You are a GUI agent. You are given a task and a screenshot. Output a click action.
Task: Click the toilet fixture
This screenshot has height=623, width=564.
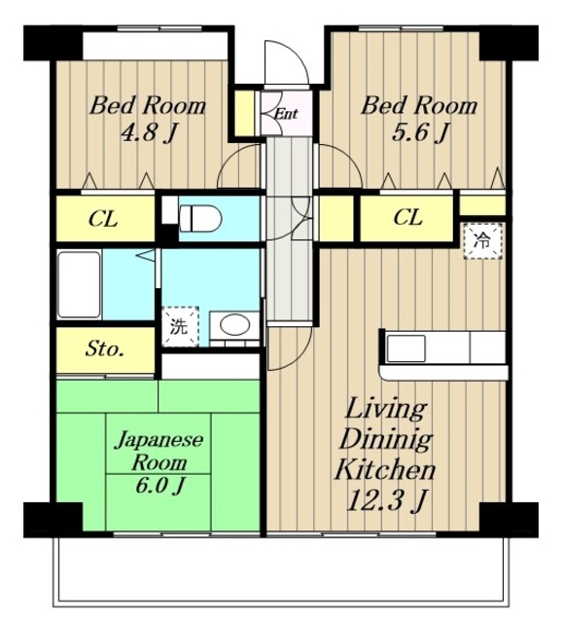(199, 218)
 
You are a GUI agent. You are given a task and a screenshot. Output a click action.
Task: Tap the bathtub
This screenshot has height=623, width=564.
(79, 284)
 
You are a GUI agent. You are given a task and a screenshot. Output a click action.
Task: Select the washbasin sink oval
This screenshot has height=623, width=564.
(235, 324)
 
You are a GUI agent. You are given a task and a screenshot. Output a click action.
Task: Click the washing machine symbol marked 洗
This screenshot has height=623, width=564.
(180, 326)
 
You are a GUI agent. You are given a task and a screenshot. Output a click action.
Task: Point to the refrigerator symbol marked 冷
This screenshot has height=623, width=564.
(483, 241)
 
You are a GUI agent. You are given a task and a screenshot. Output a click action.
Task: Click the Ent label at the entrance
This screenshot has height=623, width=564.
(286, 115)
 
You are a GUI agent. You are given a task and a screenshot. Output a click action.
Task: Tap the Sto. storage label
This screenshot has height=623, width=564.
(104, 349)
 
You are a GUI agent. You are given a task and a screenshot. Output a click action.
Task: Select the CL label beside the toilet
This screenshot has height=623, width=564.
(103, 218)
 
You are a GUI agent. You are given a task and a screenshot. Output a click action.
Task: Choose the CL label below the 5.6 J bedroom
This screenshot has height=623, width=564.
(408, 217)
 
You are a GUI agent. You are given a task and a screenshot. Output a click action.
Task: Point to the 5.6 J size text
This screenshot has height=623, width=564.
(421, 132)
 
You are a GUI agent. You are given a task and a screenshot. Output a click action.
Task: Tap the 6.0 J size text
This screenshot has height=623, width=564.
(159, 485)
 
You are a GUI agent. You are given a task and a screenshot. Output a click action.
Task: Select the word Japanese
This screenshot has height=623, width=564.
(159, 441)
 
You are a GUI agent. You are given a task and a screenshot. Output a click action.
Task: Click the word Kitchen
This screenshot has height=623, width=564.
(385, 470)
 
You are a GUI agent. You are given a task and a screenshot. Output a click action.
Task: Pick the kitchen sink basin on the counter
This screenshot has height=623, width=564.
(406, 348)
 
